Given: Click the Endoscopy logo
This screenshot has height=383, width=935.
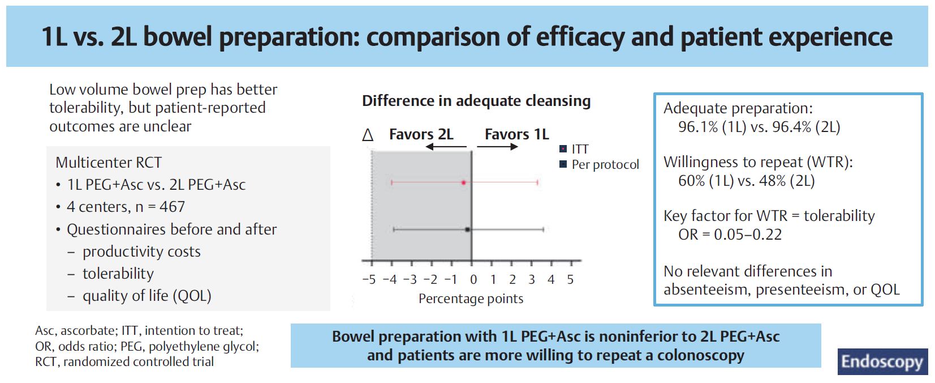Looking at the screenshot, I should pos(882,361).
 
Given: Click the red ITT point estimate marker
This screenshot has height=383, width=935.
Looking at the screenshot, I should pos(463,182).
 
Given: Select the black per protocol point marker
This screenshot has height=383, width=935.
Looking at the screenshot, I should pos(467,229).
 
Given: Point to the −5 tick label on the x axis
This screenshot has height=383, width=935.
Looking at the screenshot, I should pos(369,279).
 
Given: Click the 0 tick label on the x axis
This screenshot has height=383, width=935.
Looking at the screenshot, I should pos(473,279).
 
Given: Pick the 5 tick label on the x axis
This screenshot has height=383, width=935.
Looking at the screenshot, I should pos(570,279).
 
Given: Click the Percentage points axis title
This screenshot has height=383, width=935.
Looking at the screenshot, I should pos(471,299).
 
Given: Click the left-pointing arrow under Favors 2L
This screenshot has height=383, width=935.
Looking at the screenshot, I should pos(446,147).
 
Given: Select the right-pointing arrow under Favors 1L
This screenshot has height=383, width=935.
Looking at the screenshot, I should pos(497,147).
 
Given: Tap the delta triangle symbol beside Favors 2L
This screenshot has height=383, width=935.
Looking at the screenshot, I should pos(368,135).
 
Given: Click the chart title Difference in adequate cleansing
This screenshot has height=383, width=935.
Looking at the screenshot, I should pos(476,101).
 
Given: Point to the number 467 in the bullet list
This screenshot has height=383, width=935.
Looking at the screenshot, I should pos(172,207).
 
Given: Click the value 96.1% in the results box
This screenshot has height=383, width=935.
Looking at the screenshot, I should pos(698,127).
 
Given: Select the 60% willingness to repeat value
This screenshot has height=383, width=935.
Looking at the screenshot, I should pos(691,181).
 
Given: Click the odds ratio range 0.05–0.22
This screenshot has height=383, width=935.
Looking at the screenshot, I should pos(747,235).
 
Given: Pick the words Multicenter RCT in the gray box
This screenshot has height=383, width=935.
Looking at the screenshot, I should pos(109,163).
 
